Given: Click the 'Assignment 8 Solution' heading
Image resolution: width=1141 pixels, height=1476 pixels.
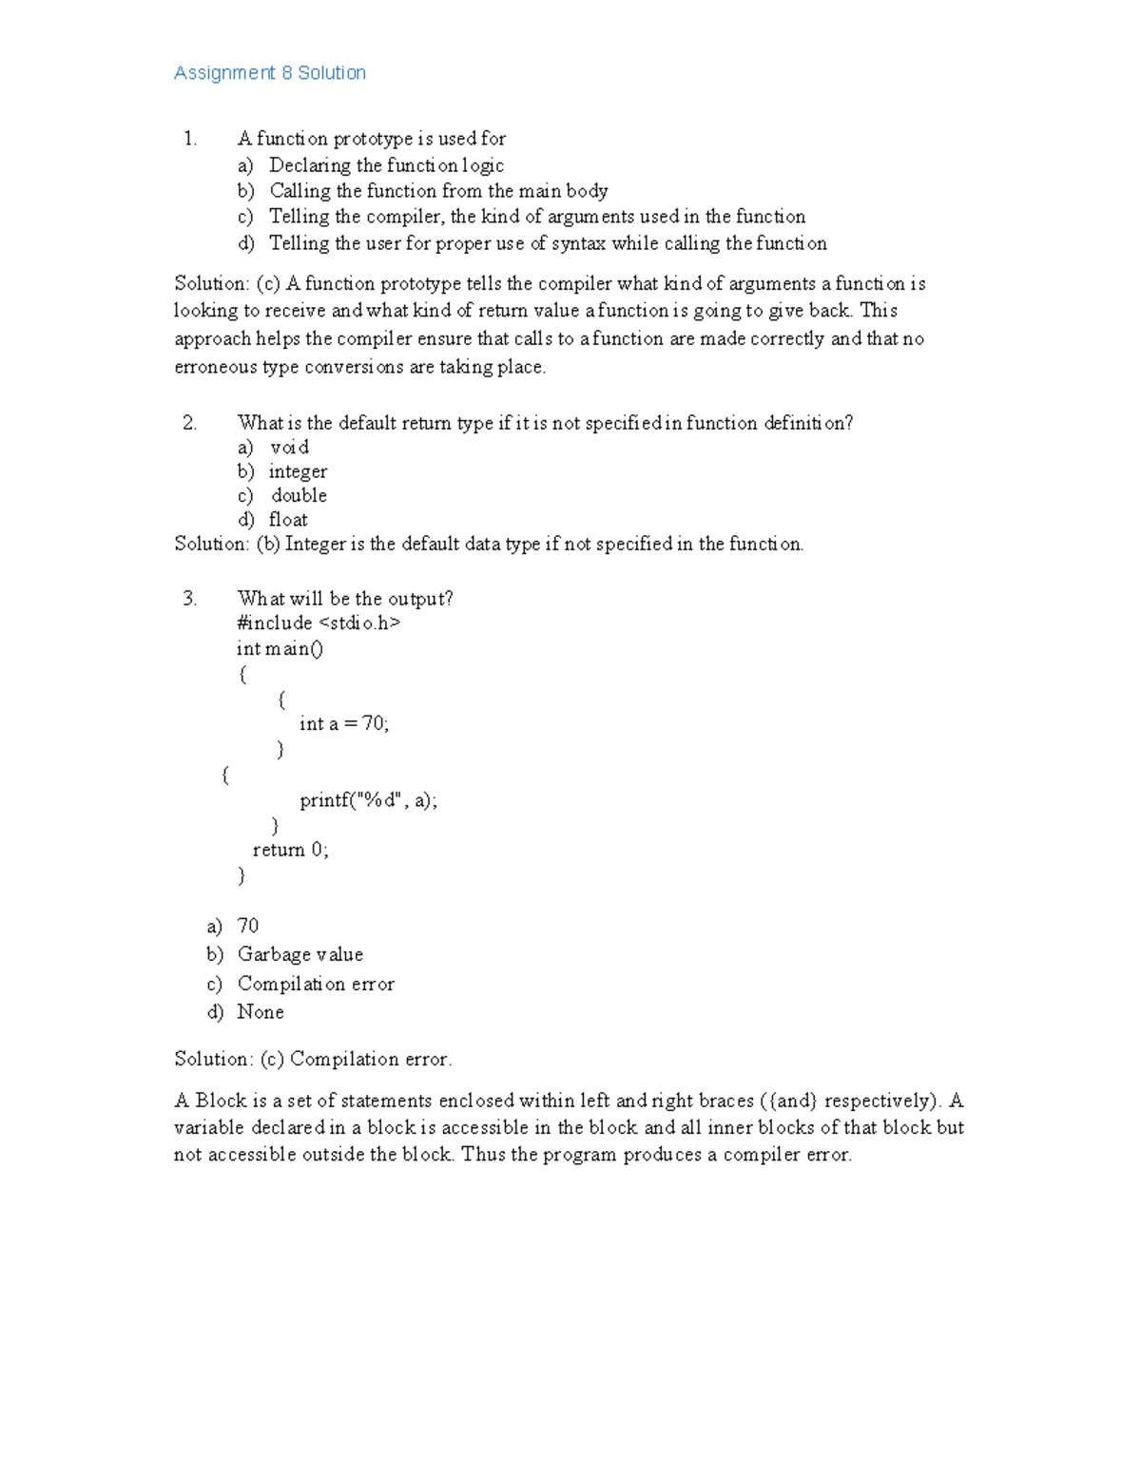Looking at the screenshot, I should tap(270, 73).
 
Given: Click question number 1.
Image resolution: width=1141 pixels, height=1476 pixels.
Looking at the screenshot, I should tap(190, 139).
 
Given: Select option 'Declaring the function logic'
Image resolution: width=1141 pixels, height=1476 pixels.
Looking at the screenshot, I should tap(386, 165).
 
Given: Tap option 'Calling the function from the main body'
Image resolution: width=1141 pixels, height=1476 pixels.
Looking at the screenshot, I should tap(438, 191).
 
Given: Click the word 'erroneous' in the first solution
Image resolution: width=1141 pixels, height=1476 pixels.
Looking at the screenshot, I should tap(216, 367).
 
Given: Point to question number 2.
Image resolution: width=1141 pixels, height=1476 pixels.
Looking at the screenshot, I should tap(190, 423).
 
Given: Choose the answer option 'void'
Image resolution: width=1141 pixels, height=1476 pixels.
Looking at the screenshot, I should tap(289, 448).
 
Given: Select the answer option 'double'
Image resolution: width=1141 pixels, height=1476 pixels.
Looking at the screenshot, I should tap(299, 495).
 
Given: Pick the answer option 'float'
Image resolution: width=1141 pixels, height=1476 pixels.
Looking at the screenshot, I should tap(288, 520).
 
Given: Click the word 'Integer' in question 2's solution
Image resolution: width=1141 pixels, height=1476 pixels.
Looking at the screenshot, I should tap(315, 544).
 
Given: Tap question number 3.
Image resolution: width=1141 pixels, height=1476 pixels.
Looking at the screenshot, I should tap(190, 599).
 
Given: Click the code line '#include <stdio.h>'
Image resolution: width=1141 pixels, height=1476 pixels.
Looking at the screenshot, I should tap(319, 623).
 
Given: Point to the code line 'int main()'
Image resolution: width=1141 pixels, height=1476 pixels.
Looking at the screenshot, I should tap(280, 649).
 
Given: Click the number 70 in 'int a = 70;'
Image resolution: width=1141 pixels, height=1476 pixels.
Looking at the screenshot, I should tap(374, 723).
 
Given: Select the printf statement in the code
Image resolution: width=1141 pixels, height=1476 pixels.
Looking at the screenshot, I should tap(368, 800).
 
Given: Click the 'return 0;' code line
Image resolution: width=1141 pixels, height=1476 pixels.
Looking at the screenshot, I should tap(290, 850).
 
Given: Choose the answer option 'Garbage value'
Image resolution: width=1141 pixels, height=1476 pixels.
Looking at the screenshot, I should tap(300, 954).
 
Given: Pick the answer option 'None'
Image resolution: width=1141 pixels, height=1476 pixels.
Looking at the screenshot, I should tap(261, 1012).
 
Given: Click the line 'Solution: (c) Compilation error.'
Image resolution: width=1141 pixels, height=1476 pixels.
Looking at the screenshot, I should tap(313, 1059).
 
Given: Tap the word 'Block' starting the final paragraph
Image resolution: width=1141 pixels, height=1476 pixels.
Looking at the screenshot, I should tap(221, 1101).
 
